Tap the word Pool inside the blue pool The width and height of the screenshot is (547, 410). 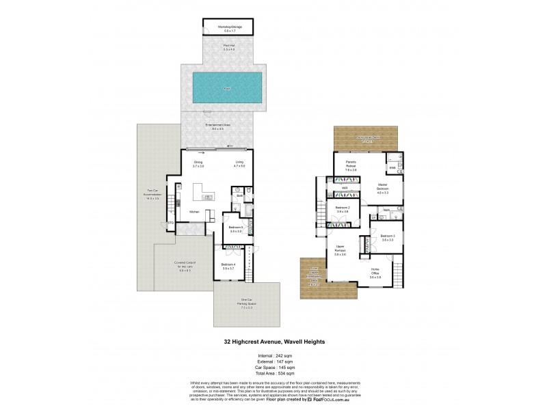[226, 88]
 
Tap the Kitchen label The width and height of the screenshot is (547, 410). [194, 213]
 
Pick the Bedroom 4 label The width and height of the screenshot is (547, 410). [228, 266]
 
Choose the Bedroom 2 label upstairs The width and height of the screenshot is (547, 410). [343, 209]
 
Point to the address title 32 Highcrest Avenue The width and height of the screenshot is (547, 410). [273, 342]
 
